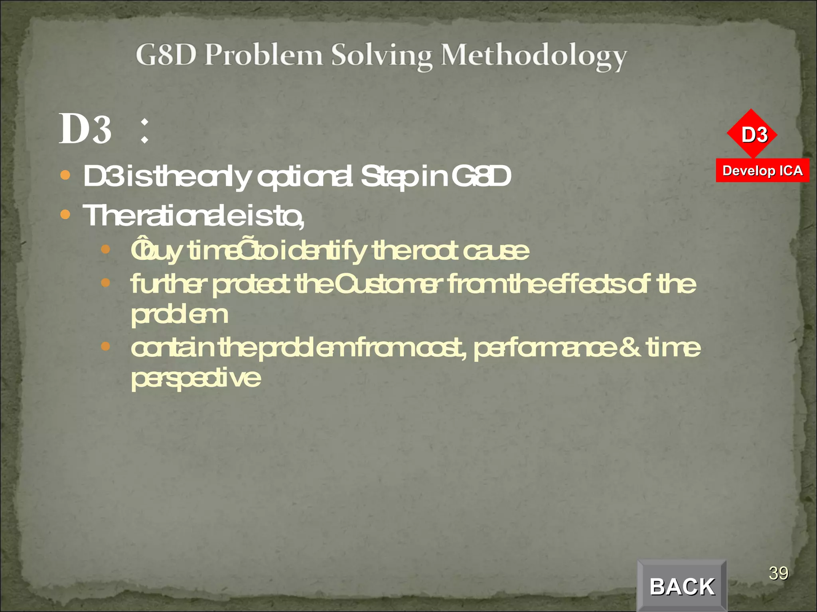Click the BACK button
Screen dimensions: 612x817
(682, 586)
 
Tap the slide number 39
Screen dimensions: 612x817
(778, 573)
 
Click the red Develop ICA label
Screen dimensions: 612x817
(762, 171)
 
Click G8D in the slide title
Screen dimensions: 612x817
(166, 55)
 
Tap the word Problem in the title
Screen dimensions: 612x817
(264, 55)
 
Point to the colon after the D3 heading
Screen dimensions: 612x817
(145, 131)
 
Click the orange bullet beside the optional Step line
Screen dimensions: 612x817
(65, 175)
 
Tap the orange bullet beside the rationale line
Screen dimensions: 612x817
(65, 215)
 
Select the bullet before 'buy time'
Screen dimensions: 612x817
(105, 249)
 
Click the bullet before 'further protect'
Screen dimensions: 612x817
(105, 283)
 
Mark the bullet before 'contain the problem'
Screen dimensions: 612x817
(105, 346)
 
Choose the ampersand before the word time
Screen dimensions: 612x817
(631, 347)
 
